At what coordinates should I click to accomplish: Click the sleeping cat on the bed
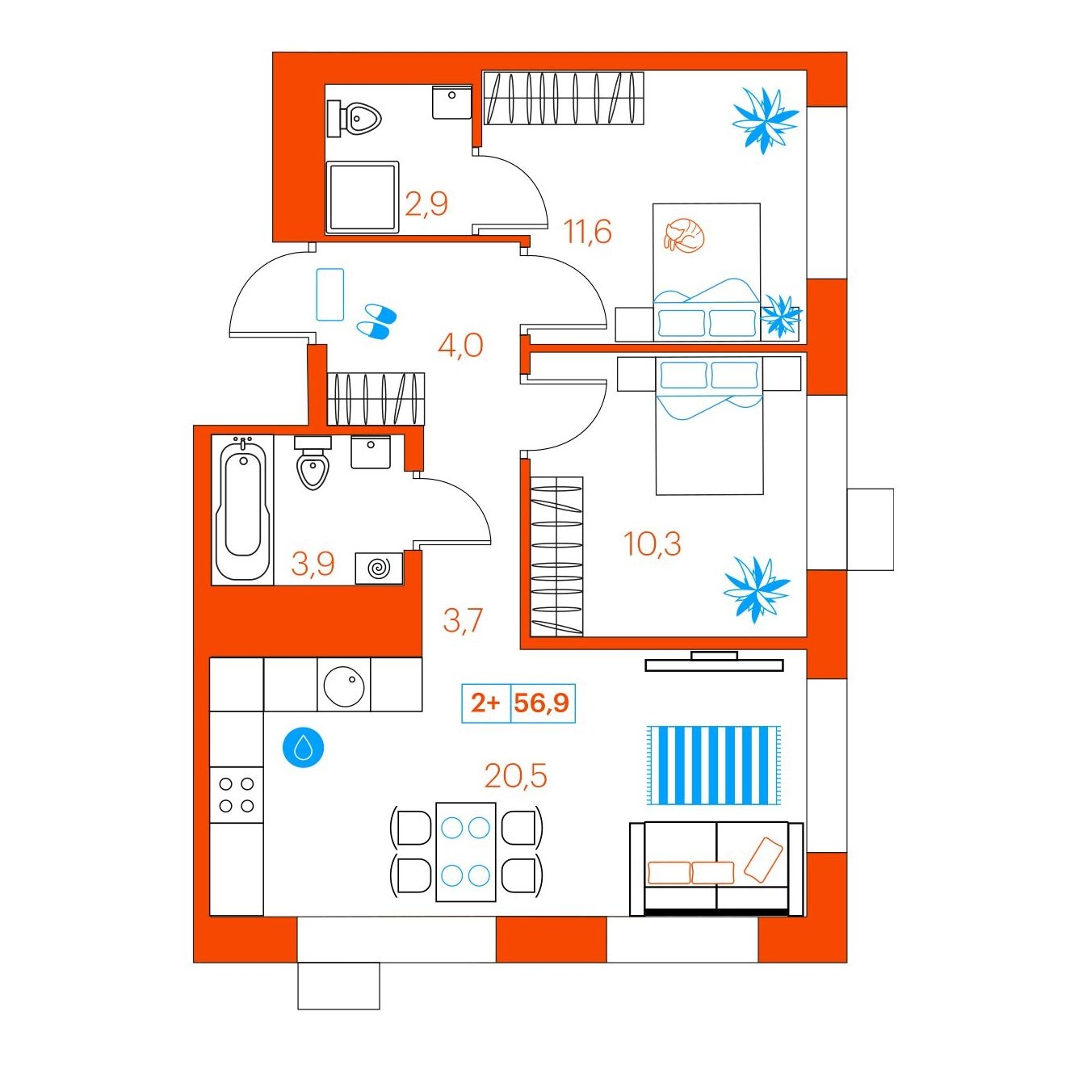(684, 236)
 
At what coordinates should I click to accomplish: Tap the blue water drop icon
(303, 749)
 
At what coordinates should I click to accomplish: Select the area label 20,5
(515, 775)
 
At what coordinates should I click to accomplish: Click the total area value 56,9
(542, 703)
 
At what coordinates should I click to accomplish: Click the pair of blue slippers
(376, 321)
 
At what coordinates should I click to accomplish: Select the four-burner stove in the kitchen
(236, 795)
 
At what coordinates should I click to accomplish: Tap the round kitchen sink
(343, 684)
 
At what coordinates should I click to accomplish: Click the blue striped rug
(713, 766)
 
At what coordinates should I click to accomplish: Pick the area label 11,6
(587, 232)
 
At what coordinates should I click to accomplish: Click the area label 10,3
(653, 543)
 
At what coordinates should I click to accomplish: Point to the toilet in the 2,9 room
(355, 118)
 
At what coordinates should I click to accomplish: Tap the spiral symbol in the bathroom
(379, 568)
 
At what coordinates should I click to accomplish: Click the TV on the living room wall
(714, 661)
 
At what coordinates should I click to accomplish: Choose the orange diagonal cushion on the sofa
(763, 858)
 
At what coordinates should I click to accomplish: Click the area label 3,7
(464, 619)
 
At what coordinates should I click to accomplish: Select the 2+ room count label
(485, 703)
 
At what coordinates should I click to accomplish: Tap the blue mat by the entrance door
(329, 294)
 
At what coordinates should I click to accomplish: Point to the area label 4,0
(460, 346)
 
